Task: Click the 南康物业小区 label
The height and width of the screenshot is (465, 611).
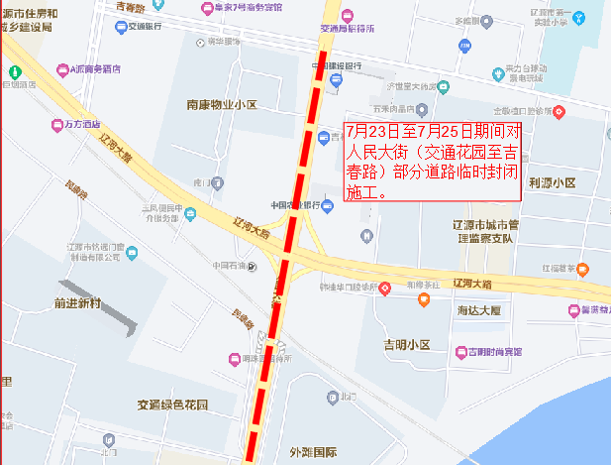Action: coord(221,104)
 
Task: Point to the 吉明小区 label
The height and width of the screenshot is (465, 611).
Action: coord(407,345)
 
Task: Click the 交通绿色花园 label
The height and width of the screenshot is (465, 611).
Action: coord(173,406)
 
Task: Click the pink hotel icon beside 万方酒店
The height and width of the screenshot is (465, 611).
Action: coord(56,125)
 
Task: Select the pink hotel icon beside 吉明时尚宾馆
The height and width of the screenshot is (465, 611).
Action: coord(459,351)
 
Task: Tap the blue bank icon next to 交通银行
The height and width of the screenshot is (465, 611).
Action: coord(121,27)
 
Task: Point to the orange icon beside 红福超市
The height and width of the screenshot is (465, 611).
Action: coord(583,268)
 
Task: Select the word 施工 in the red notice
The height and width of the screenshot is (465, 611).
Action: coord(362,192)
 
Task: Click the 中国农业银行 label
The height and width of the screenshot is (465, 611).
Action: coord(295,204)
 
